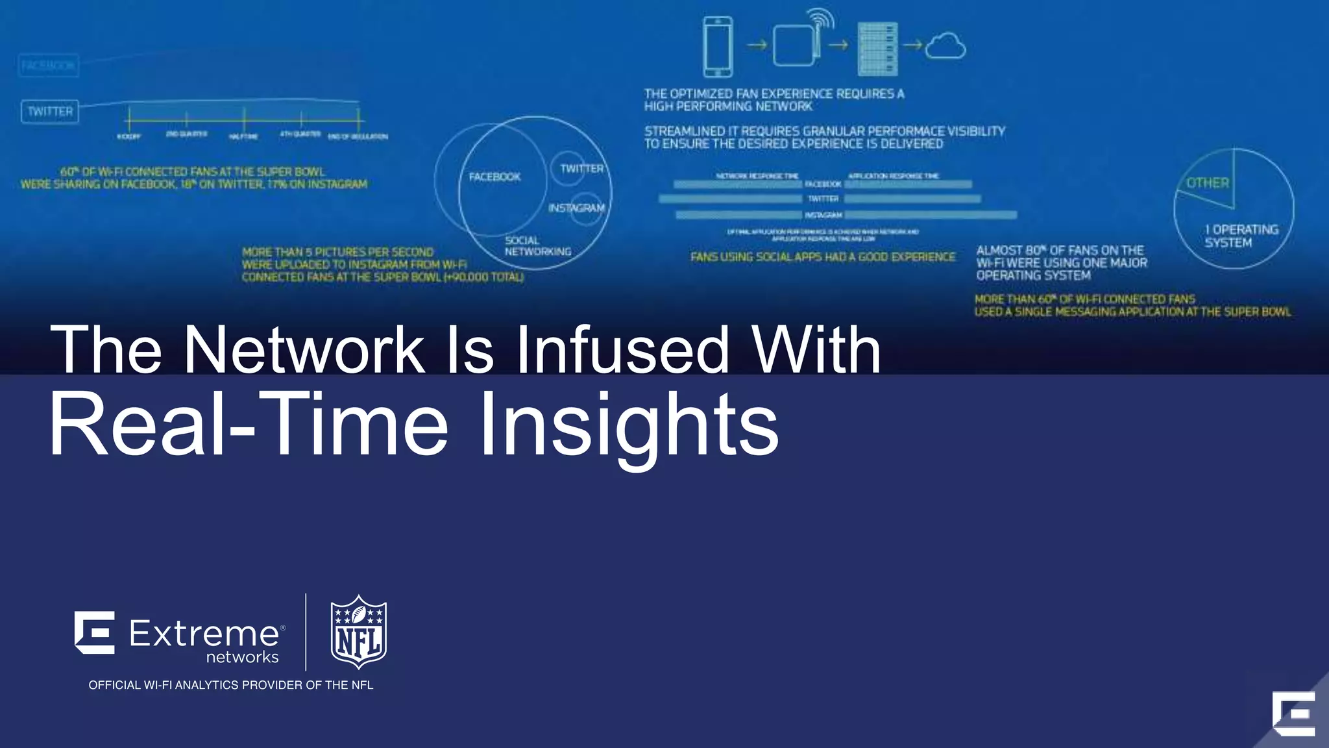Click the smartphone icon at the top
pyautogui.click(x=718, y=47)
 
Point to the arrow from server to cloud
pyautogui.click(x=912, y=45)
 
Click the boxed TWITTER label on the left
pyautogui.click(x=50, y=112)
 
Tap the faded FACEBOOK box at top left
pyautogui.click(x=49, y=66)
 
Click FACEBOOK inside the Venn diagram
pyautogui.click(x=494, y=177)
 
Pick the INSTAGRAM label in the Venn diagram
pyautogui.click(x=576, y=208)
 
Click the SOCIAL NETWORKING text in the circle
pyautogui.click(x=537, y=246)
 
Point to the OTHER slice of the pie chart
pyautogui.click(x=1208, y=183)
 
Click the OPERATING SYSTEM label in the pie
pyautogui.click(x=1241, y=236)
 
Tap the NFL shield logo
pyautogui.click(x=359, y=632)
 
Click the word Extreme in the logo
pyautogui.click(x=204, y=633)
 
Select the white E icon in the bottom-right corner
pyautogui.click(x=1293, y=714)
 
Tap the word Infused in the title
pyautogui.click(x=622, y=350)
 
